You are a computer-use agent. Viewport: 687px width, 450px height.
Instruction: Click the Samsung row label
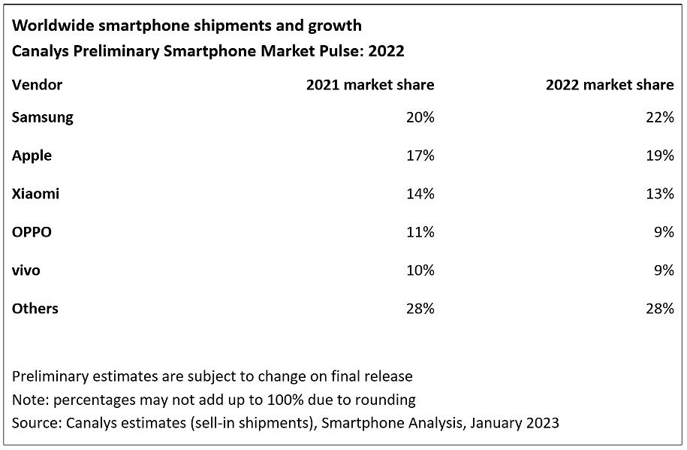(42, 117)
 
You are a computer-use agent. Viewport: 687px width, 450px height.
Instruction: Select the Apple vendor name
(32, 156)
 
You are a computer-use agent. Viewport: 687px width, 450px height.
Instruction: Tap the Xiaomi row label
(35, 194)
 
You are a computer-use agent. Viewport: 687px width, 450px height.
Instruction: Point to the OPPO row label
(32, 232)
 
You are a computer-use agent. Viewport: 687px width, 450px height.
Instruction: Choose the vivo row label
(26, 270)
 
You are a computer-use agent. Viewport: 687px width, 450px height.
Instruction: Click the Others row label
(35, 309)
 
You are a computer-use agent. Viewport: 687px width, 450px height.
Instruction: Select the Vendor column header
(37, 85)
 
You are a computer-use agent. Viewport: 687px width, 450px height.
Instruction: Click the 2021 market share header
(369, 85)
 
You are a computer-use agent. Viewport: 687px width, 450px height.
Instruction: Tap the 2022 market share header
(610, 85)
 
